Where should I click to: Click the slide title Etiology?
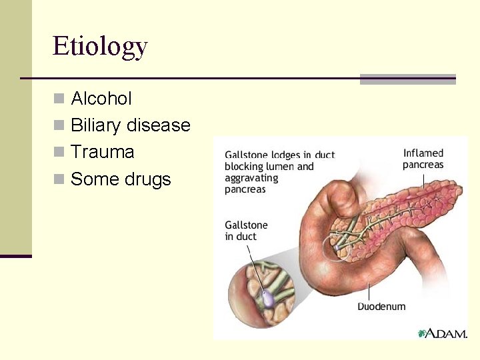point(100,47)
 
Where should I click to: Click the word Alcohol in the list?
point(101,99)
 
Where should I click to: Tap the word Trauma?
point(102,152)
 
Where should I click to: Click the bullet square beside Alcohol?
point(59,99)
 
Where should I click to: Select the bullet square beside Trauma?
point(59,153)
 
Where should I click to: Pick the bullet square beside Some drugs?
point(59,179)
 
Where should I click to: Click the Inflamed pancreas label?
point(423,159)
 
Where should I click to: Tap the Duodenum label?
point(381,307)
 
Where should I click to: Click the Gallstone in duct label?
point(246,231)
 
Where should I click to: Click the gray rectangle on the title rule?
point(407,79)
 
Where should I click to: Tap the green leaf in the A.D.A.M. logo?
point(421,333)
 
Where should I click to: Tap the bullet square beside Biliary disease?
point(59,126)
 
